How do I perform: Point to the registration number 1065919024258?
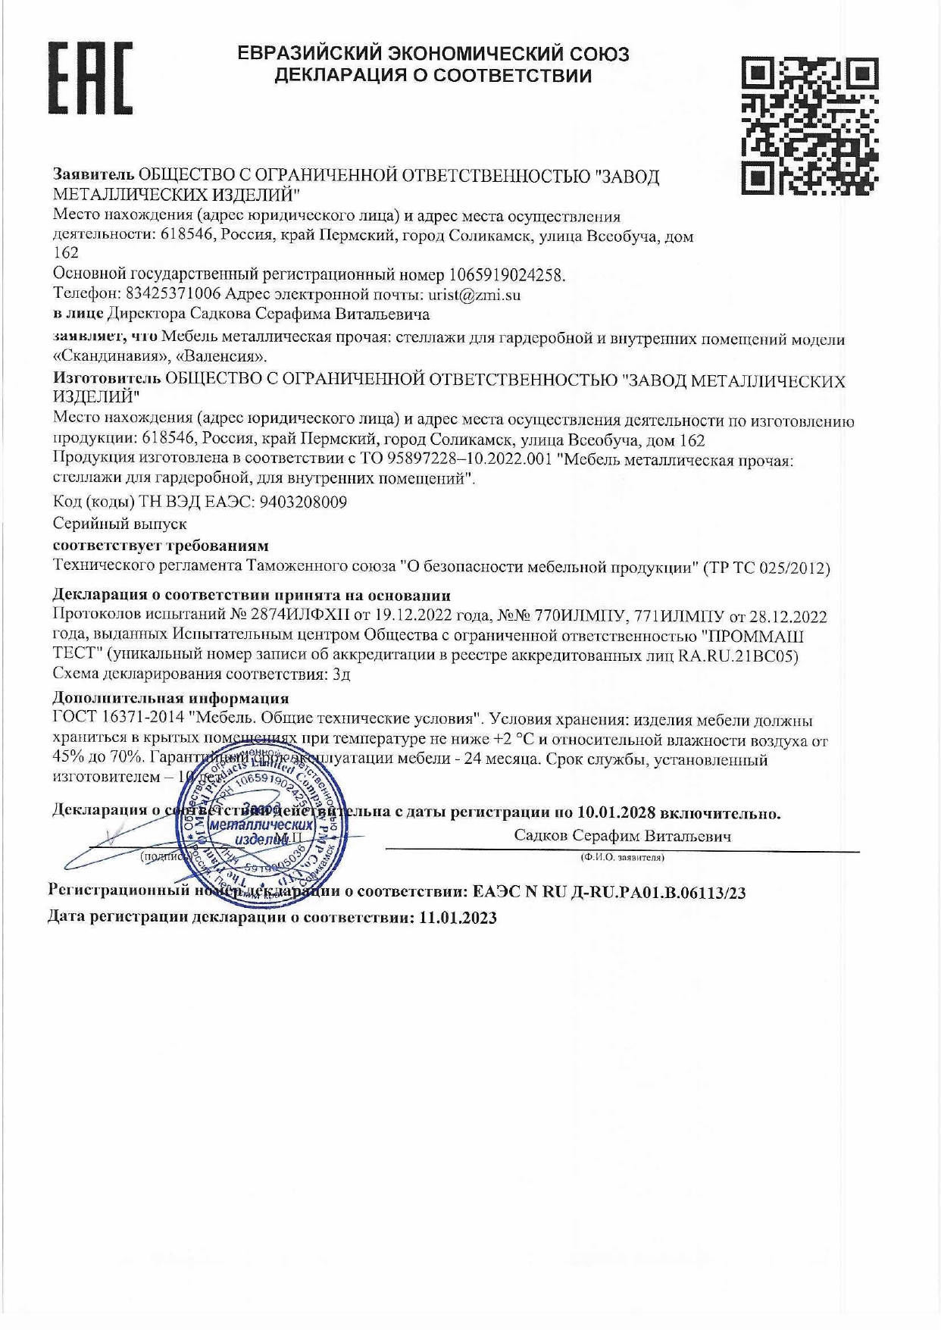point(507,274)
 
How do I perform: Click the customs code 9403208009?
point(303,502)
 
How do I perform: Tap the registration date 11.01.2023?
point(458,918)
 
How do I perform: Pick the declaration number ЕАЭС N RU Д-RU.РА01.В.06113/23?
point(608,893)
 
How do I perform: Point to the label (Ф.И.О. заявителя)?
point(621,858)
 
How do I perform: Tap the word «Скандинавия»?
point(109,355)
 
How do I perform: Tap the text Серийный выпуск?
point(120,524)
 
